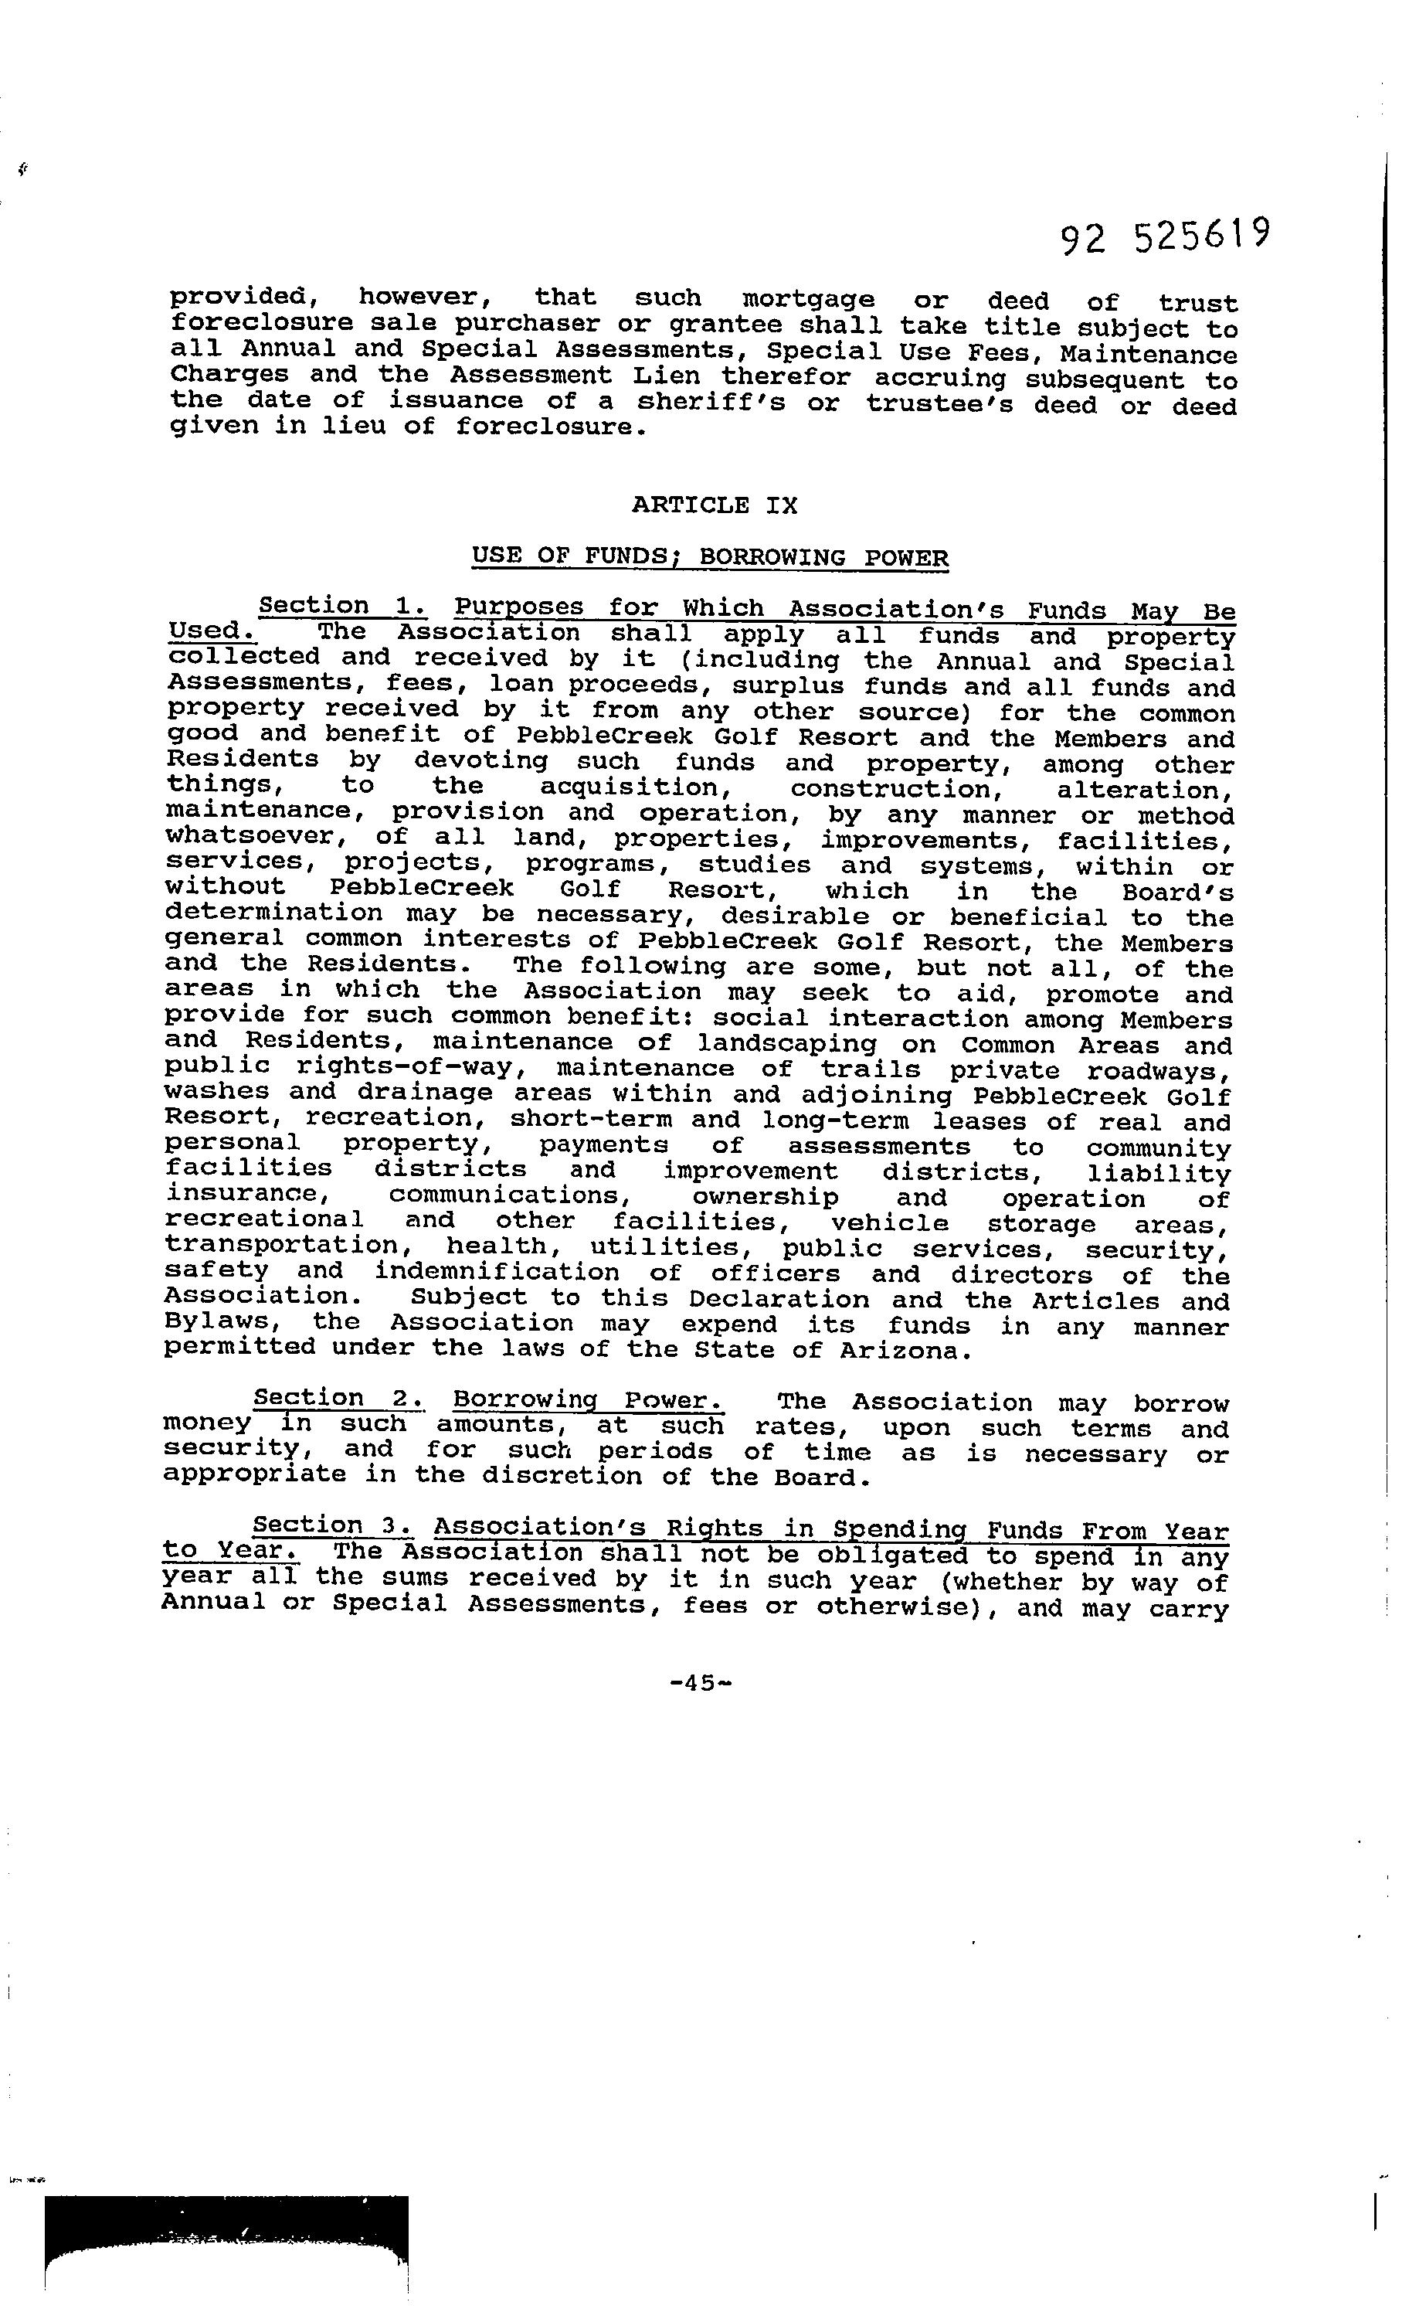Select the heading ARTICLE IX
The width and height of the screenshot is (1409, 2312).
pyautogui.click(x=714, y=505)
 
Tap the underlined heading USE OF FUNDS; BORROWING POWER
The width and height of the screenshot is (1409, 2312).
pyautogui.click(x=709, y=556)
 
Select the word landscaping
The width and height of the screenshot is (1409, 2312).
pyautogui.click(x=787, y=1043)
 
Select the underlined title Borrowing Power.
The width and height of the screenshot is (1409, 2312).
pyautogui.click(x=588, y=1401)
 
